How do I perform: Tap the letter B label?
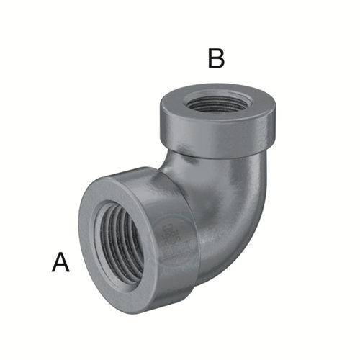point(216,58)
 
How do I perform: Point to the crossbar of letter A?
point(60,266)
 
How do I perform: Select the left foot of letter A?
point(53,271)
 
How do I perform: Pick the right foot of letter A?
point(68,271)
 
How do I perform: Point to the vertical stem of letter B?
point(210,58)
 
